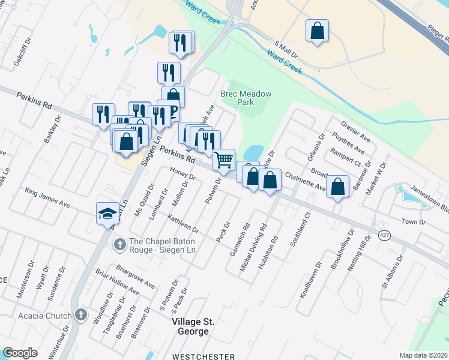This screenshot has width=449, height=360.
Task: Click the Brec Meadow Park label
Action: point(246,98)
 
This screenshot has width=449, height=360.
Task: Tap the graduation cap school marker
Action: point(108,213)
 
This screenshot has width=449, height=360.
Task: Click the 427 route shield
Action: point(385,236)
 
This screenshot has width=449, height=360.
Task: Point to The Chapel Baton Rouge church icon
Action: point(119,244)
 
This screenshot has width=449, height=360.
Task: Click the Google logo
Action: point(20,353)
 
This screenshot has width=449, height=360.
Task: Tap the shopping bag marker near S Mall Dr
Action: point(317,31)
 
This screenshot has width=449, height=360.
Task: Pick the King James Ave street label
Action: point(47,198)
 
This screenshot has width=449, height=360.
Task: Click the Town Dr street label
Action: point(413,222)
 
